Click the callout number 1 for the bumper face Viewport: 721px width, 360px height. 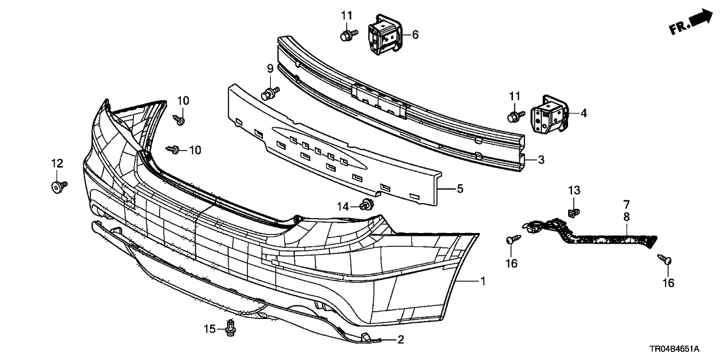coord(483,281)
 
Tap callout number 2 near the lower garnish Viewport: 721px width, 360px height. coord(401,340)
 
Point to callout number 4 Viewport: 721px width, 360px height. coord(583,113)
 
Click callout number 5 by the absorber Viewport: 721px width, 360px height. coord(459,189)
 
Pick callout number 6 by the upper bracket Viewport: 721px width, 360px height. coord(415,34)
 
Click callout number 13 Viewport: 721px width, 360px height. coord(573,190)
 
